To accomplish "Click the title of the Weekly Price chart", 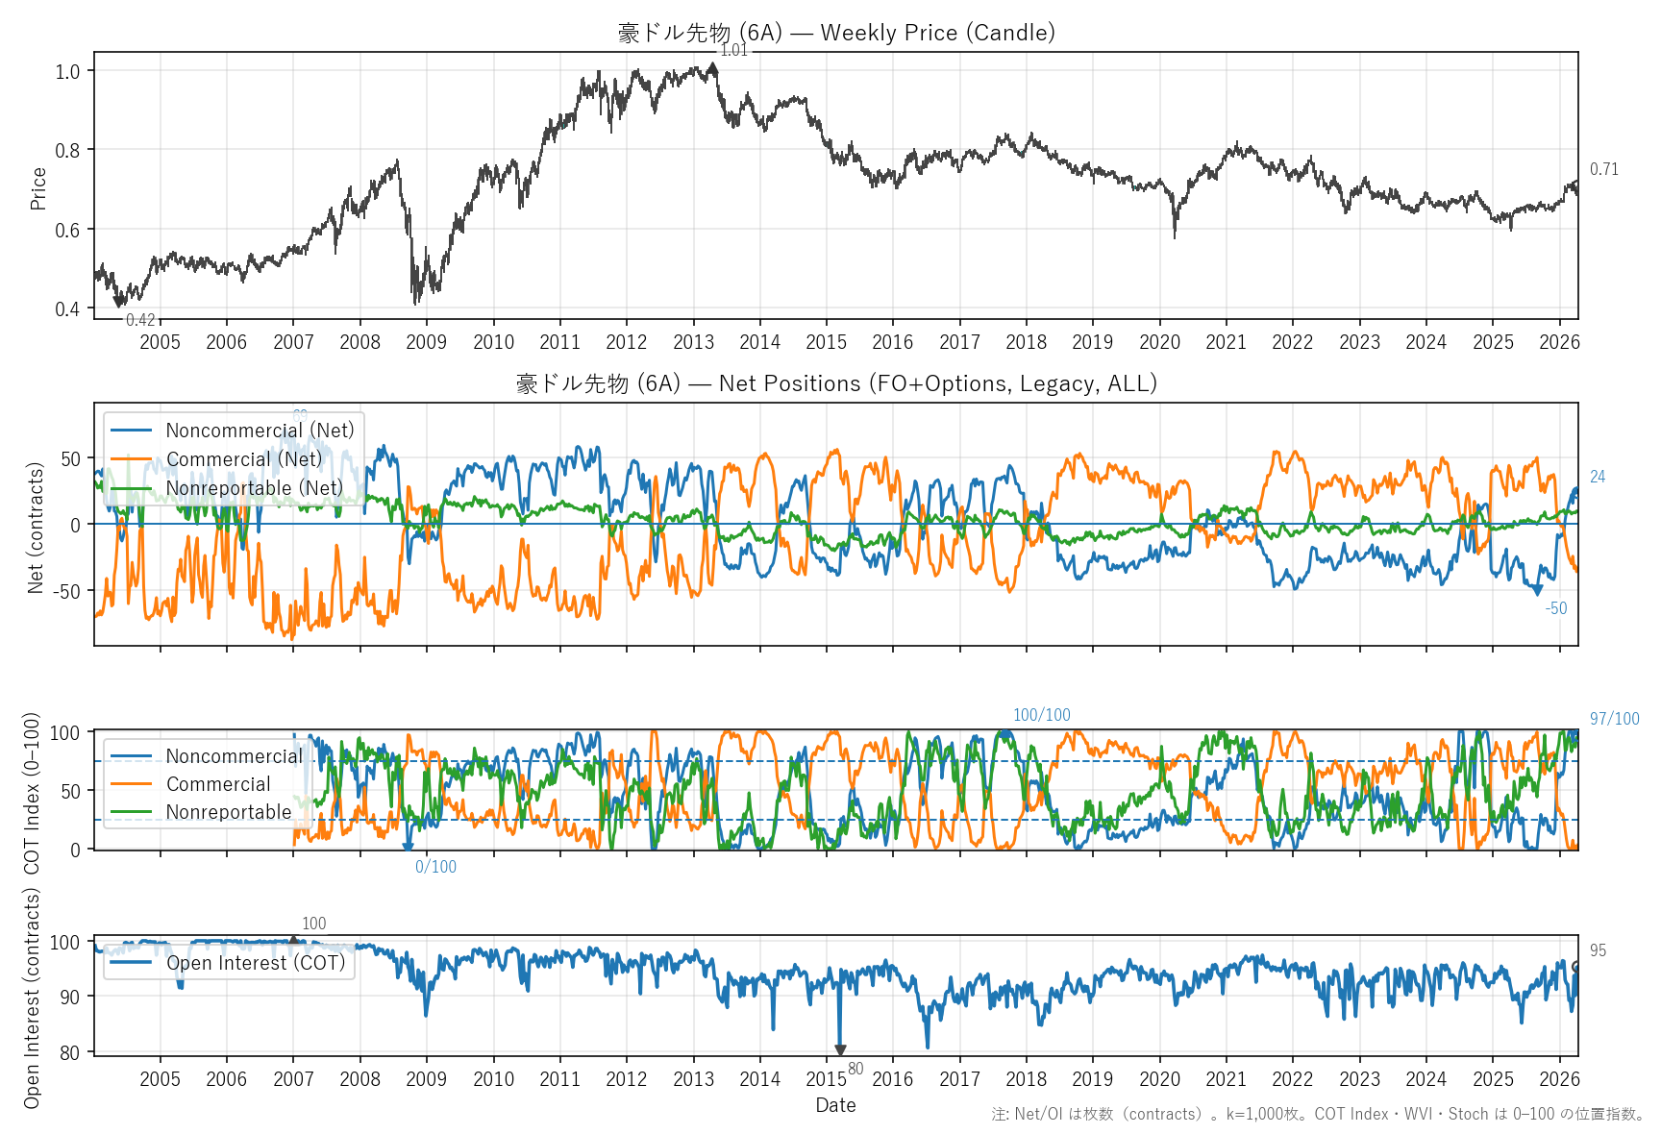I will tap(836, 33).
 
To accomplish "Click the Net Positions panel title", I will tap(836, 383).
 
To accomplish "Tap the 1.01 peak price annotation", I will tap(733, 51).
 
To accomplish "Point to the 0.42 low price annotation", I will tap(140, 320).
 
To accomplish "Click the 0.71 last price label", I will tap(1603, 169).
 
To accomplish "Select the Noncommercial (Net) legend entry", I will tap(260, 431).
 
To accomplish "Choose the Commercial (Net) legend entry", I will tap(244, 459).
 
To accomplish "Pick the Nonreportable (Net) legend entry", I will tap(254, 488).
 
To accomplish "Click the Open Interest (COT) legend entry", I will tap(256, 963).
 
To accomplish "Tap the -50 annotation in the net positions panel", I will tap(1555, 608).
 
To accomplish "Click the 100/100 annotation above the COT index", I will tap(1041, 715).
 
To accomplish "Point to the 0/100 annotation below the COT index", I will tap(435, 867).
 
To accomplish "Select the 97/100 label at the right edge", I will tap(1614, 719).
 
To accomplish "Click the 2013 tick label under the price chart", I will tap(693, 342).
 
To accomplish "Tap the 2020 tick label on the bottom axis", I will tap(1159, 1079).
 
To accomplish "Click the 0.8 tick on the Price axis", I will tap(67, 150).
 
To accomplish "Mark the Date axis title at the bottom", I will tap(835, 1105).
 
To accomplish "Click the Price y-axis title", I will tap(38, 188).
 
